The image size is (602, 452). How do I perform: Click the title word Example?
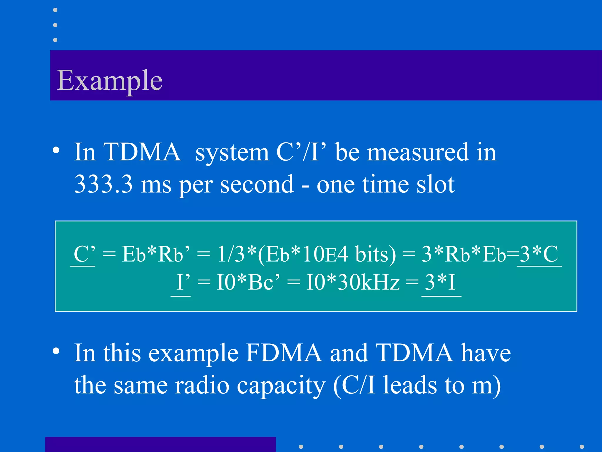pyautogui.click(x=109, y=80)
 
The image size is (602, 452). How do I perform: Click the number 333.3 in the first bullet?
pyautogui.click(x=103, y=184)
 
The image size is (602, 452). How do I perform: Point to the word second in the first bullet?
pyautogui.click(x=257, y=184)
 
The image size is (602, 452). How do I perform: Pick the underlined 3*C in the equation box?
pyautogui.click(x=539, y=254)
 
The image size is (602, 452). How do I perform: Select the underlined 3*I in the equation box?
pyautogui.click(x=440, y=282)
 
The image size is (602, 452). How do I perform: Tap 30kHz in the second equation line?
pyautogui.click(x=369, y=282)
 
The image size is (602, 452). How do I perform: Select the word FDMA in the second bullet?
pyautogui.click(x=284, y=353)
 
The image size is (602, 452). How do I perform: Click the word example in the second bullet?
pyautogui.click(x=193, y=353)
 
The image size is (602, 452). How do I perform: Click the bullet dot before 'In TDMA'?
pyautogui.click(x=56, y=150)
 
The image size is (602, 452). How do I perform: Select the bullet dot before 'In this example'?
pyautogui.click(x=56, y=351)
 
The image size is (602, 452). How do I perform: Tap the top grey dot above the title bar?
pyautogui.click(x=55, y=10)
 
